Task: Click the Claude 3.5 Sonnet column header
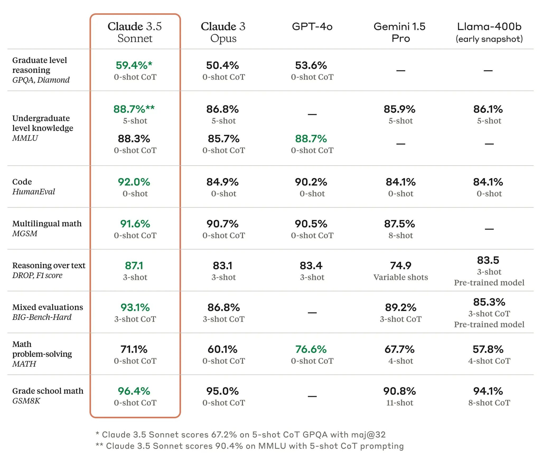[135, 32]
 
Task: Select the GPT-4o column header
[312, 27]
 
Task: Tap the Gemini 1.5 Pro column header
[400, 32]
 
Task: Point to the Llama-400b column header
[489, 32]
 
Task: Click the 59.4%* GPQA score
[134, 65]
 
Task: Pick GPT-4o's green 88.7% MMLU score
[311, 139]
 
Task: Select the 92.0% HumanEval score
[134, 182]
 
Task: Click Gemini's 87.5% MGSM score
[399, 224]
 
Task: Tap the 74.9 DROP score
[400, 266]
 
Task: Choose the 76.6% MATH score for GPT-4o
[311, 349]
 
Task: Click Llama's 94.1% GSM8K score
[488, 391]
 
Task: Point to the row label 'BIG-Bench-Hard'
[42, 317]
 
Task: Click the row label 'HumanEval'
[34, 192]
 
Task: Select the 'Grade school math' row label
[48, 391]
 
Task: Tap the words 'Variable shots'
[400, 277]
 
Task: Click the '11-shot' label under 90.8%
[399, 403]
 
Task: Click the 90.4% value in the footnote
[229, 446]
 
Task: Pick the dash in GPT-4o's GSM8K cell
[312, 396]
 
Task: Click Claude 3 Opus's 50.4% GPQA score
[222, 65]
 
